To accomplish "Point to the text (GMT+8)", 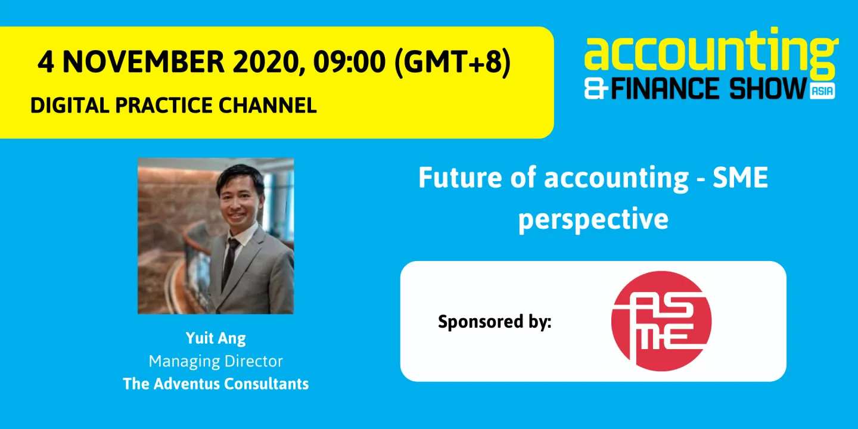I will [452, 63].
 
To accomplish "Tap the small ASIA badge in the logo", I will [822, 91].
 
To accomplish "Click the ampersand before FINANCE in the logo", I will [596, 89].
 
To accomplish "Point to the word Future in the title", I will [454, 178].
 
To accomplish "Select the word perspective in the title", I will [593, 219].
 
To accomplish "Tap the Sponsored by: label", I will [495, 322].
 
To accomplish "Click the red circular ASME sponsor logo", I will [661, 321].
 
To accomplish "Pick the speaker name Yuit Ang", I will [216, 338].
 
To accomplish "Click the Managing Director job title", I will [216, 361].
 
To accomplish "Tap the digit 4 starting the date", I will [45, 63].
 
